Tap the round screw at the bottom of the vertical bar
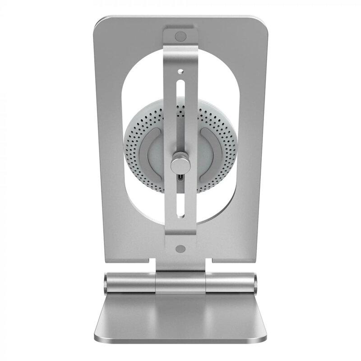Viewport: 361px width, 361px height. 180,248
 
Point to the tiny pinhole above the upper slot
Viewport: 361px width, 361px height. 180,71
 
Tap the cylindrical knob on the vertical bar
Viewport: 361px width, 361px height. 179,162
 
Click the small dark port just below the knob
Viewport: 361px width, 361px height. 180,178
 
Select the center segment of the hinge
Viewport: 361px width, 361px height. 180,283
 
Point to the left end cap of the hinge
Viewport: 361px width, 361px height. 105,283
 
